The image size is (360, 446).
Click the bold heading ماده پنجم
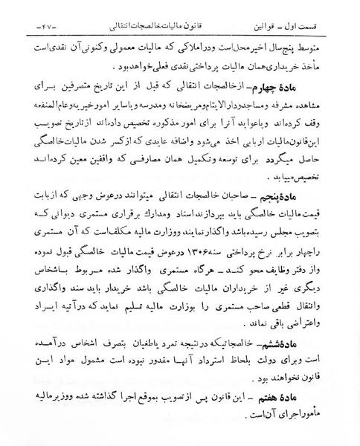point(297,195)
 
